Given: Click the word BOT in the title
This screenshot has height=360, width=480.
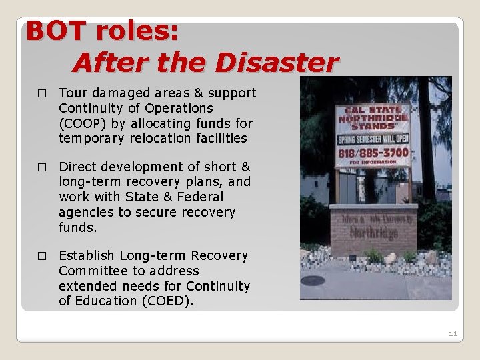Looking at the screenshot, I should point(56,31).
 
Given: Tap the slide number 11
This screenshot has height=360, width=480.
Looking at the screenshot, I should point(453,333).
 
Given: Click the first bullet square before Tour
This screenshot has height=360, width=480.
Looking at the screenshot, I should point(41,93).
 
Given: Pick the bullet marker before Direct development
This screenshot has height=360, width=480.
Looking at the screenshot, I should point(41,167).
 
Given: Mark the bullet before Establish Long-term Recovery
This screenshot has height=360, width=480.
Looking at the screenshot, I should point(41,256).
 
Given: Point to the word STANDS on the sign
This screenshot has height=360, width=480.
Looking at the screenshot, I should point(373,127).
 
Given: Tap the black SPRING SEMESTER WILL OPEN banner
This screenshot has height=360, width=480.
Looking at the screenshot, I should point(373,139).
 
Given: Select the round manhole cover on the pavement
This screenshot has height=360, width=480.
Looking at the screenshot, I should point(313,281).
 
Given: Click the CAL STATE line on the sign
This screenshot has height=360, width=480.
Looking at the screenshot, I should point(373,110).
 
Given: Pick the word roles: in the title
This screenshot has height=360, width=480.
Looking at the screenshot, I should point(136,31).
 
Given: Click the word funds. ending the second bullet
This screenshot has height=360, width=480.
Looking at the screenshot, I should point(77,227).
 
